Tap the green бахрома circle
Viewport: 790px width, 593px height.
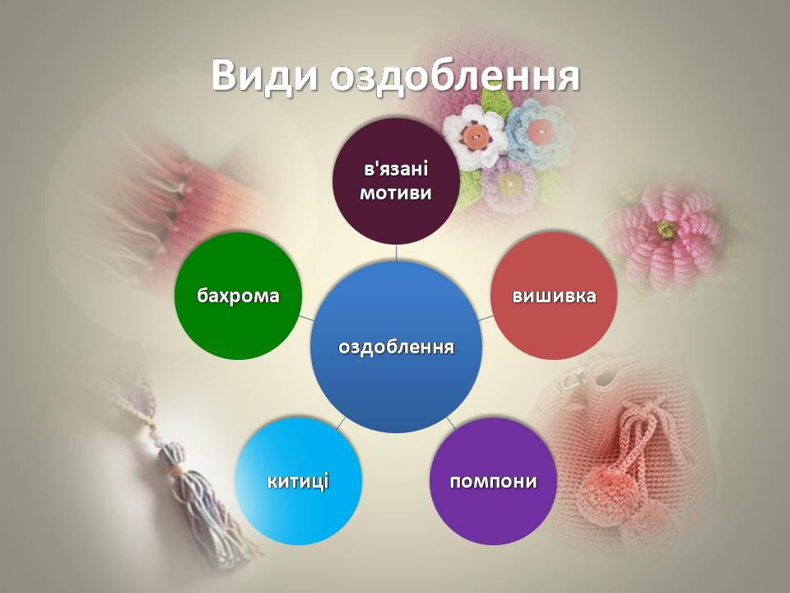[x=239, y=296]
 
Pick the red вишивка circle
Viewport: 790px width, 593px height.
[x=554, y=296]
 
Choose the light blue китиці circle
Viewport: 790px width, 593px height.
[x=298, y=481]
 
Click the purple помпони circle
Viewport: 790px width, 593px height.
[x=493, y=481]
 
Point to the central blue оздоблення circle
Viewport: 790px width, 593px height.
[x=396, y=347]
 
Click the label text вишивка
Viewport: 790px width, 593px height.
[x=554, y=296]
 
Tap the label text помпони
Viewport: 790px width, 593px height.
[x=493, y=481]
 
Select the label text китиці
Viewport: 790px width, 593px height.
[x=298, y=481]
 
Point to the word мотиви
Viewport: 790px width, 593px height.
[x=396, y=192]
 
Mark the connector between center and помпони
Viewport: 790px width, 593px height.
[x=451, y=423]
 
